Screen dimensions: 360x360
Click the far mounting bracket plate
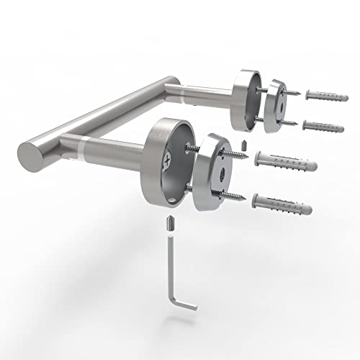click(x=276, y=106)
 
